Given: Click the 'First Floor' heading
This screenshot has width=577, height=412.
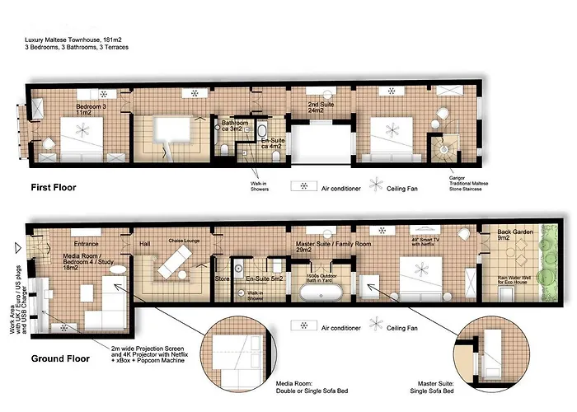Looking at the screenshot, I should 53,187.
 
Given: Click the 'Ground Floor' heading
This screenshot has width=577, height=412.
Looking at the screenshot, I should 60,358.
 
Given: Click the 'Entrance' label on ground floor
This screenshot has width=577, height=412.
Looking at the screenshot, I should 86,244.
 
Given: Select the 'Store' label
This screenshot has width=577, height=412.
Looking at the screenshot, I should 222,279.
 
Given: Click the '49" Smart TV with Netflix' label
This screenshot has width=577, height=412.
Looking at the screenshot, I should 430,241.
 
